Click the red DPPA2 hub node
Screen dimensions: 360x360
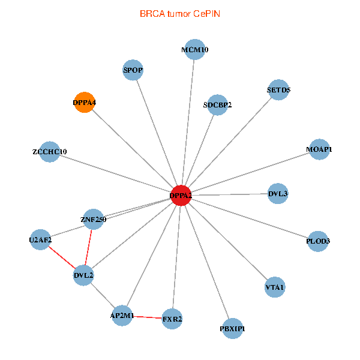181,195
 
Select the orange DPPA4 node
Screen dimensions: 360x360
85,103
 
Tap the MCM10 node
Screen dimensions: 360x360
194,50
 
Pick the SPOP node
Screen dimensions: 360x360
133,70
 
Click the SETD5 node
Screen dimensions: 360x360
278,90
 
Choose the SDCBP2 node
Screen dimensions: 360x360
217,105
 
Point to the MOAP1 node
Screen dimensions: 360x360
319,149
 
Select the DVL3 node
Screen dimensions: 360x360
278,193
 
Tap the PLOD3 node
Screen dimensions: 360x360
318,241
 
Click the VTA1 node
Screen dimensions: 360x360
275,287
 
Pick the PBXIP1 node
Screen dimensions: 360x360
232,328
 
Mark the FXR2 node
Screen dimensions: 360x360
172,319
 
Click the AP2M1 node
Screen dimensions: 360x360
122,315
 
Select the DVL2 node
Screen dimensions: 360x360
83,275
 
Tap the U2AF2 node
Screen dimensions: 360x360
40,240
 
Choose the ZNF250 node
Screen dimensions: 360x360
93,219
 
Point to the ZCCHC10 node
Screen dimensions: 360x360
50,152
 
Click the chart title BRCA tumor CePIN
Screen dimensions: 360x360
180,13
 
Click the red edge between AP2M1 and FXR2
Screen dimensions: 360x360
147,317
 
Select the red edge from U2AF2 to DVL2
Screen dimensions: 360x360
62,258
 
